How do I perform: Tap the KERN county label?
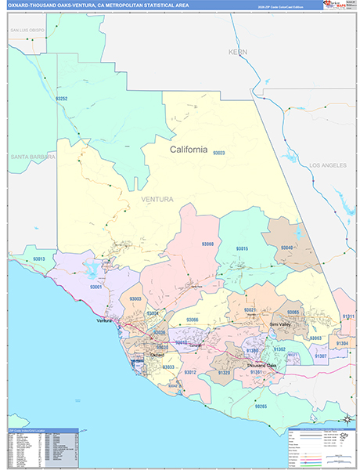[236, 52]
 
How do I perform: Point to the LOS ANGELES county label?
[326, 166]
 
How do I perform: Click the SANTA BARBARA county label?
[33, 157]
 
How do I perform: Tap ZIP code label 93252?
[62, 99]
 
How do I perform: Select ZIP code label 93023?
[218, 153]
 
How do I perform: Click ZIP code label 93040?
[286, 248]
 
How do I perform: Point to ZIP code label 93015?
[243, 248]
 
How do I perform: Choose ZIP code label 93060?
[207, 245]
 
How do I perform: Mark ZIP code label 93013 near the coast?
[39, 258]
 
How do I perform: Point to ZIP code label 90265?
[261, 406]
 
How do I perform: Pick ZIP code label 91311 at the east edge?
[348, 316]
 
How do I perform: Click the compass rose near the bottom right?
[347, 418]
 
